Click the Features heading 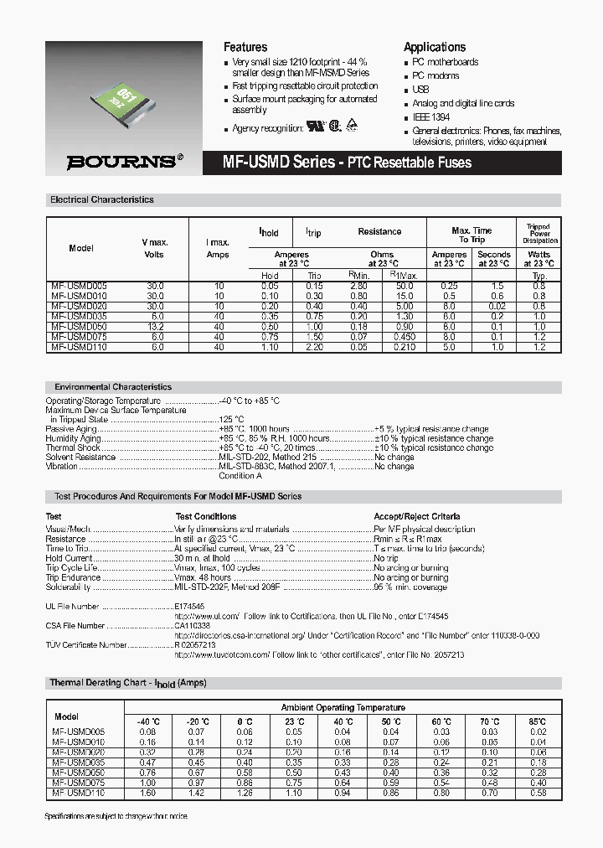pyautogui.click(x=245, y=48)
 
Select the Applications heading pyautogui.click(x=435, y=48)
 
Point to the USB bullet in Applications pyautogui.click(x=420, y=90)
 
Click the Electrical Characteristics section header pyautogui.click(x=102, y=200)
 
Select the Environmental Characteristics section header pyautogui.click(x=113, y=387)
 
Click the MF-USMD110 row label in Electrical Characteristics pyautogui.click(x=79, y=347)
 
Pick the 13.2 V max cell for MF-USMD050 pyautogui.click(x=155, y=327)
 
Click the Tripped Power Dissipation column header pyautogui.click(x=539, y=234)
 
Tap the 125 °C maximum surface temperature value pyautogui.click(x=231, y=420)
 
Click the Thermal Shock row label pyautogui.click(x=73, y=448)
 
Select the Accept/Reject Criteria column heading pyautogui.click(x=416, y=517)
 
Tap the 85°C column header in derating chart pyautogui.click(x=536, y=721)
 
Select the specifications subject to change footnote pyautogui.click(x=116, y=816)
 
